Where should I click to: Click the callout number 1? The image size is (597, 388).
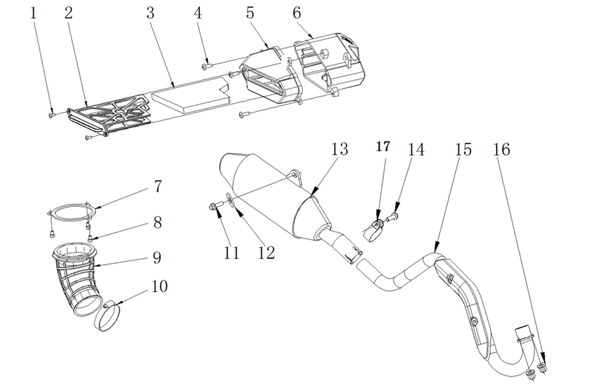pyautogui.click(x=33, y=13)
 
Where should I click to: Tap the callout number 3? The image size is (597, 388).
pyautogui.click(x=150, y=13)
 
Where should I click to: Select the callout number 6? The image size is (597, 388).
pyautogui.click(x=297, y=13)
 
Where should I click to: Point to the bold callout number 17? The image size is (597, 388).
pyautogui.click(x=383, y=147)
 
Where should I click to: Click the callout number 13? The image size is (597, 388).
pyautogui.click(x=339, y=149)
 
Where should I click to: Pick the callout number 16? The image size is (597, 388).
pyautogui.click(x=501, y=149)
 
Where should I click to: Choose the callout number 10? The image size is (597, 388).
pyautogui.click(x=159, y=286)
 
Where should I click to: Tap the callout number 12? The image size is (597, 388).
pyautogui.click(x=266, y=253)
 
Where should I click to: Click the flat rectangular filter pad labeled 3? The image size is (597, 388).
pyautogui.click(x=190, y=96)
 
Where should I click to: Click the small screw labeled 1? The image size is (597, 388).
pyautogui.click(x=52, y=114)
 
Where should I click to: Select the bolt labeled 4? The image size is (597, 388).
pyautogui.click(x=207, y=65)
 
